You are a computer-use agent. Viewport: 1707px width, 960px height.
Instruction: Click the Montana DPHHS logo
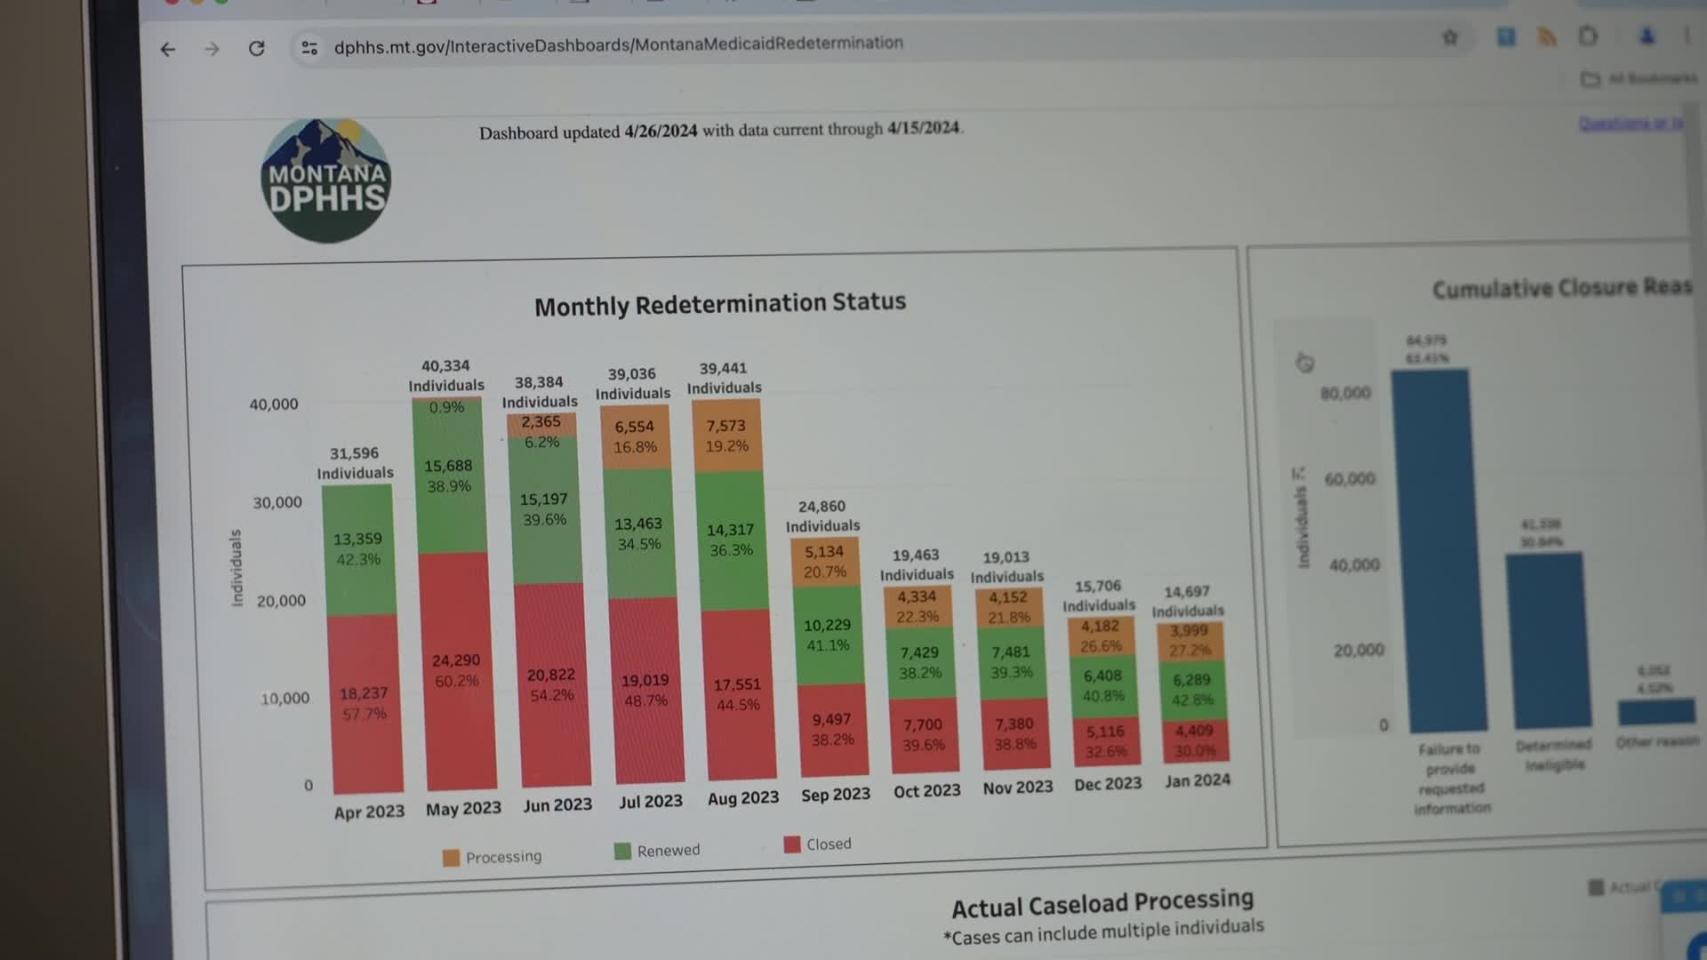[x=326, y=181]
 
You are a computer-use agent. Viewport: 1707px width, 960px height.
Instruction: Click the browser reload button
[x=257, y=49]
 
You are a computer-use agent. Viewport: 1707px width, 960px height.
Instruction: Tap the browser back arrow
[x=168, y=49]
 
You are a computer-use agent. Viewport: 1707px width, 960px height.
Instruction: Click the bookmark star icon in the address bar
[x=1450, y=37]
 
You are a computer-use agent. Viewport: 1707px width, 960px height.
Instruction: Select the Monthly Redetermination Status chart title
[x=720, y=304]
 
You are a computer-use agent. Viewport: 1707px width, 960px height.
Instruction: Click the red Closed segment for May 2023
[x=456, y=670]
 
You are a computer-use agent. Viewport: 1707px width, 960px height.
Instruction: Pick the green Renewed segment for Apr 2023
[x=358, y=548]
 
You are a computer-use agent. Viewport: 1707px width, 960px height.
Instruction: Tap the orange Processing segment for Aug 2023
[x=726, y=436]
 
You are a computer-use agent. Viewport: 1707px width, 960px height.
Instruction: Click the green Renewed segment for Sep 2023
[x=828, y=635]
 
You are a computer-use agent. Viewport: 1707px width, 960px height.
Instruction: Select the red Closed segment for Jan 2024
[x=1194, y=740]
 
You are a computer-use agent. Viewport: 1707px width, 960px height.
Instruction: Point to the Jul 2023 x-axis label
[x=651, y=801]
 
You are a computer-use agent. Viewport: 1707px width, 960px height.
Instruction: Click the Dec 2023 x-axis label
[x=1107, y=784]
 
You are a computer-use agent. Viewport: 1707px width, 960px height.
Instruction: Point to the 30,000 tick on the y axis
[x=277, y=502]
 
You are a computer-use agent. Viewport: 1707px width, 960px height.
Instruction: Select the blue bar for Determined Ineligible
[x=1548, y=640]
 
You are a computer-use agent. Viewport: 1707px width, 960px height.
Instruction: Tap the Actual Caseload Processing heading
[x=1102, y=904]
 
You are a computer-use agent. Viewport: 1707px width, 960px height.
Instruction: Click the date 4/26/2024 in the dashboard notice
[x=661, y=132]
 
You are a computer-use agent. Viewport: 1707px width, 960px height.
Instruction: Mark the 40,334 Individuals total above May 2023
[x=445, y=375]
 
